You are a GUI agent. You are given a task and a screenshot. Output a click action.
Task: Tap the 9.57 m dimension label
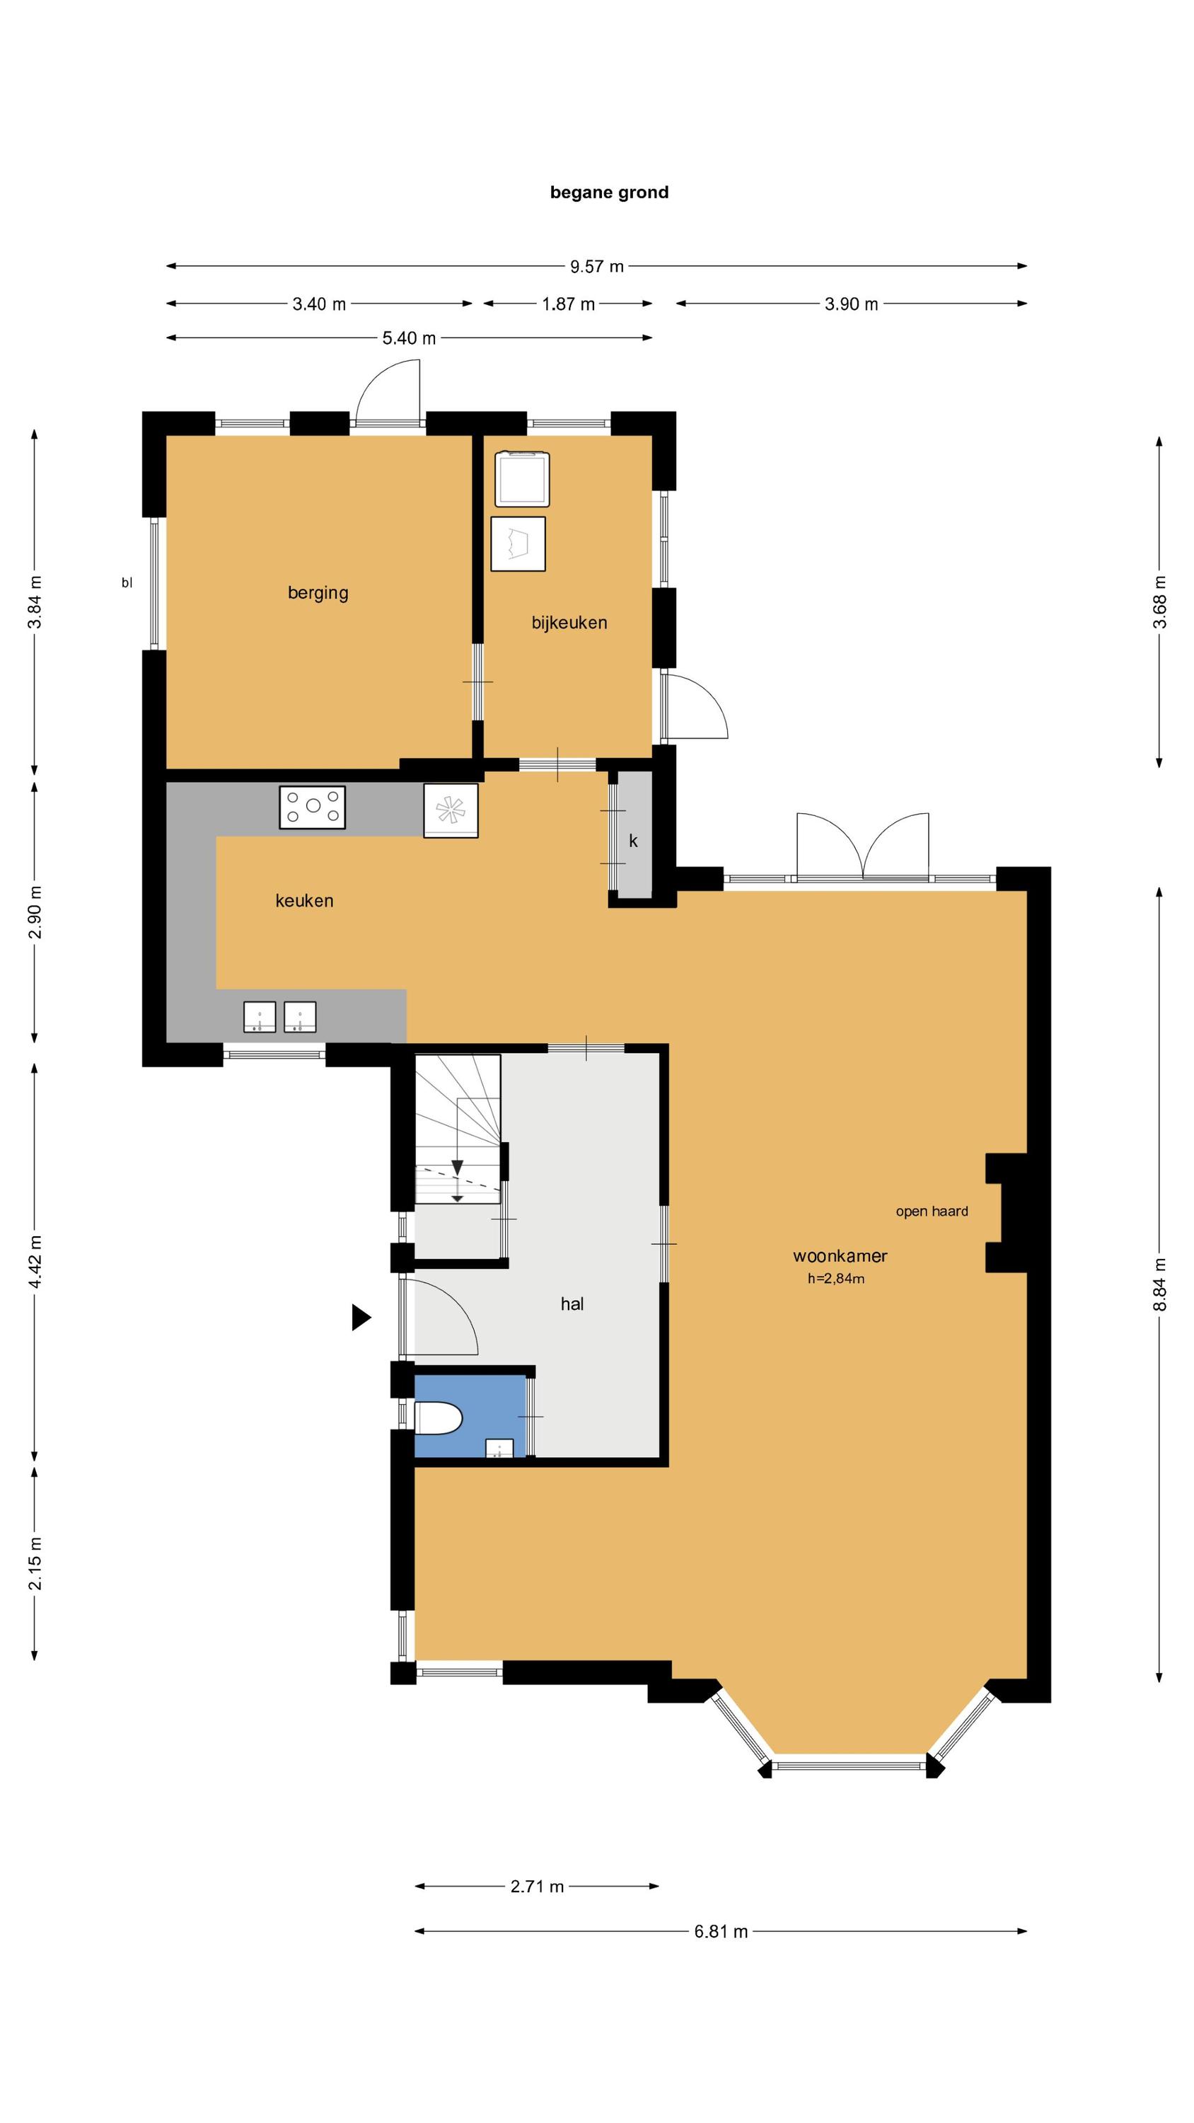[596, 266]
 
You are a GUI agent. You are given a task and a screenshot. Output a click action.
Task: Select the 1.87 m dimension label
[568, 304]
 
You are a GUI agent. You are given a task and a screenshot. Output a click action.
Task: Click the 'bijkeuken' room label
[569, 623]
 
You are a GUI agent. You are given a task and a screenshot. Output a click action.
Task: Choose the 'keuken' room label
[304, 901]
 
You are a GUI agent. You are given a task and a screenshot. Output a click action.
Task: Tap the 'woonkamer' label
[840, 1256]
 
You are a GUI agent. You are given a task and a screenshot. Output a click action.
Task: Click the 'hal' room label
[572, 1304]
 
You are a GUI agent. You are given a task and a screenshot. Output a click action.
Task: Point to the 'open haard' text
[932, 1212]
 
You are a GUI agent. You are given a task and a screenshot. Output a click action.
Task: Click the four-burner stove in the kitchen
[313, 807]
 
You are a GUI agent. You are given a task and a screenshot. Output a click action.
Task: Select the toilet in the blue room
[438, 1418]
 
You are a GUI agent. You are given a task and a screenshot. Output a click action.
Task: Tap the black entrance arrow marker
[361, 1317]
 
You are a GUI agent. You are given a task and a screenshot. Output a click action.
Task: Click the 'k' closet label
[633, 841]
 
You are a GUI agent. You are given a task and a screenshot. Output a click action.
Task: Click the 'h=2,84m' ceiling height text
[835, 1279]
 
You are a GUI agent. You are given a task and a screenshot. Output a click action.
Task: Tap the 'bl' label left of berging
[127, 582]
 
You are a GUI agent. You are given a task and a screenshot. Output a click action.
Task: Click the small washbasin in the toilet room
[499, 1449]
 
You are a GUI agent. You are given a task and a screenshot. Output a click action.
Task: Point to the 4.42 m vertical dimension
[35, 1262]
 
